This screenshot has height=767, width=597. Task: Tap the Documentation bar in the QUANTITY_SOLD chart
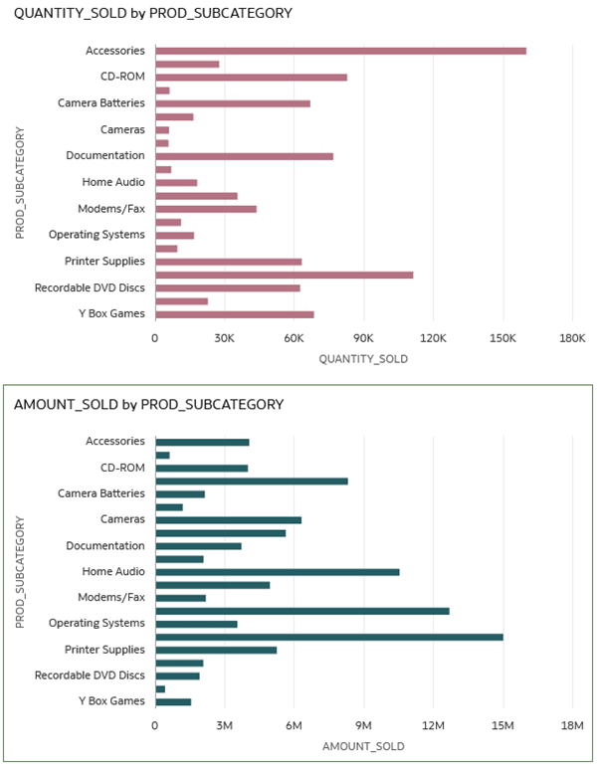coord(244,156)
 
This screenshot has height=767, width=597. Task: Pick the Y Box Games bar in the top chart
coord(234,314)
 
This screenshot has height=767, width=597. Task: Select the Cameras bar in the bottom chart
coord(228,519)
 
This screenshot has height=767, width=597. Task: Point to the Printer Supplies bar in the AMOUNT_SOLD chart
coord(215,651)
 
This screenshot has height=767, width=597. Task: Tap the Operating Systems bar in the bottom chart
coord(196,624)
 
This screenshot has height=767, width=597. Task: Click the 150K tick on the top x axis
coord(502,339)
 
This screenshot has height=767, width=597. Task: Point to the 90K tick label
coord(363,339)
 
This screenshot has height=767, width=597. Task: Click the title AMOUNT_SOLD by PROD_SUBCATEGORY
coord(149,405)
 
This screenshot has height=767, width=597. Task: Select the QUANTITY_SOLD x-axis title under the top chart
coord(363,359)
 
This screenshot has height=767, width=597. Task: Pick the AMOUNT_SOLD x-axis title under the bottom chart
coord(363,745)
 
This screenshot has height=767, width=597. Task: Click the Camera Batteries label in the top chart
coord(100,103)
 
